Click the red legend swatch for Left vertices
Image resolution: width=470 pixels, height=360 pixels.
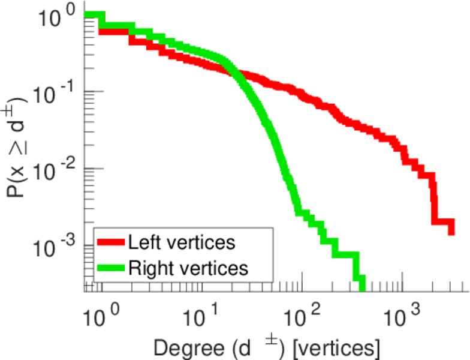111,242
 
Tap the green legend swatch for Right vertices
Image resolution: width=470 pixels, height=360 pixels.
111,268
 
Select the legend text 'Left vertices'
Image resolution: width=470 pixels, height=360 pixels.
181,242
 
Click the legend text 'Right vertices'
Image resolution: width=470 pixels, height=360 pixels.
188,268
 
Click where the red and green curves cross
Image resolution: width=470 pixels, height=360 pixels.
233,74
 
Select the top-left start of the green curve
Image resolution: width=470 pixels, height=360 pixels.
87,15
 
